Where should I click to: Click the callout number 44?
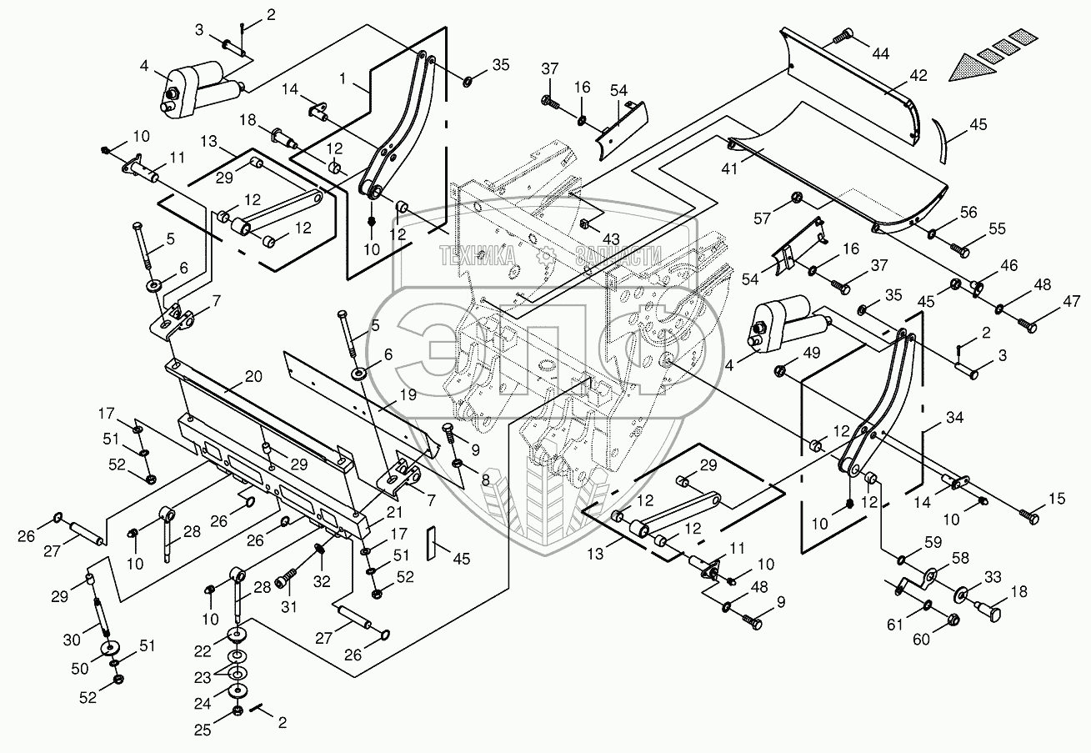(x=880, y=53)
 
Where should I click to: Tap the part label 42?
(x=917, y=74)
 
